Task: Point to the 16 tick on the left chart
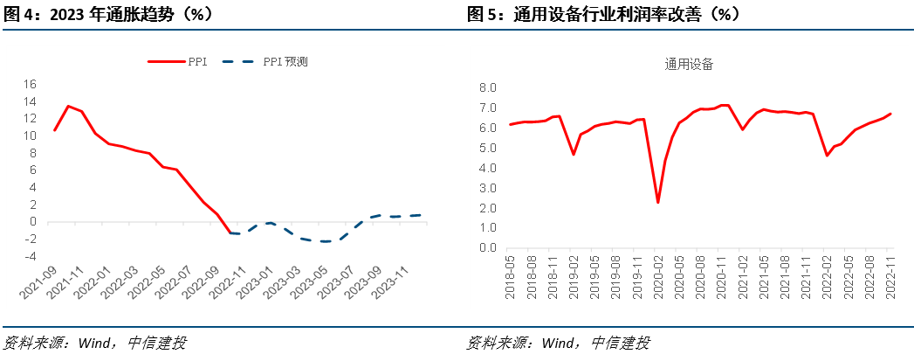(30, 84)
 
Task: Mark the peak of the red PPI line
(68, 106)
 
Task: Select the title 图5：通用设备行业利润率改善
(602, 15)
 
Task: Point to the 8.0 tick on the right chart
(487, 88)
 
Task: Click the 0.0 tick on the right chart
(487, 247)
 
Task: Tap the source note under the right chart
(559, 343)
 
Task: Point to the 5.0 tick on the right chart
(487, 148)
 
